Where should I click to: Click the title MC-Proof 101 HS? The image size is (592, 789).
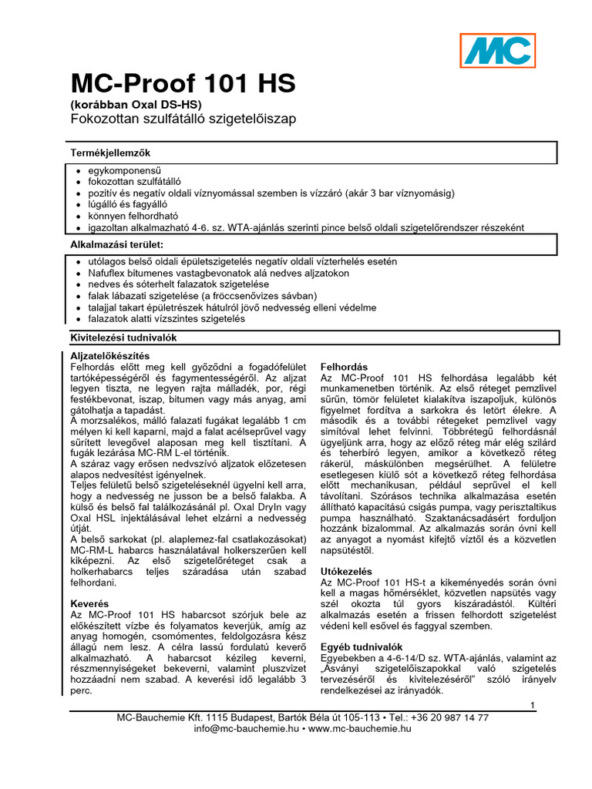(183, 83)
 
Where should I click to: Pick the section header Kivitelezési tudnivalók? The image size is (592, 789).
(123, 337)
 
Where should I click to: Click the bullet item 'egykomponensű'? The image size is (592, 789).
(124, 170)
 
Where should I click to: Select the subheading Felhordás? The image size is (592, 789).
(346, 367)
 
